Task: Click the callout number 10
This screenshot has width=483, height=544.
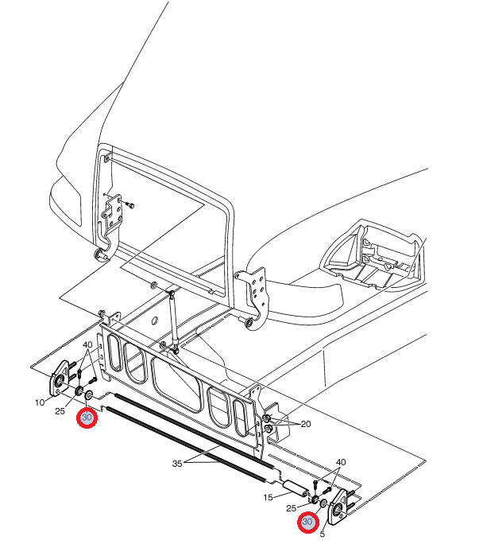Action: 40,402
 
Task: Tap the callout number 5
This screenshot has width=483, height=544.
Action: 323,534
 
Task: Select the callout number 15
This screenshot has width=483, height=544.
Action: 268,498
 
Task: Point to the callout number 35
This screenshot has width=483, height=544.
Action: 177,464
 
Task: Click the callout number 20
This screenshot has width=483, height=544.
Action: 306,424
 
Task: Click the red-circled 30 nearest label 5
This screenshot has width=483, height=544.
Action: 307,522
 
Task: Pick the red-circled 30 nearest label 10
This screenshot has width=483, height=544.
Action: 87,418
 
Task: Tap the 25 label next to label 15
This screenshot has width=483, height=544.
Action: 291,508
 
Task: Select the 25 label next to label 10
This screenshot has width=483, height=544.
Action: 60,411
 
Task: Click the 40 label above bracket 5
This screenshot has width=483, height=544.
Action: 341,462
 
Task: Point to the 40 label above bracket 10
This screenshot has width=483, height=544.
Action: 87,345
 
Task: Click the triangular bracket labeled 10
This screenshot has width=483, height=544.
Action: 60,378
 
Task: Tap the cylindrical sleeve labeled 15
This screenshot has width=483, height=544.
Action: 296,488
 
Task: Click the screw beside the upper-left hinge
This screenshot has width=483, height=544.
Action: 130,204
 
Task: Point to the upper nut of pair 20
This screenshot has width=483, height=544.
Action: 266,418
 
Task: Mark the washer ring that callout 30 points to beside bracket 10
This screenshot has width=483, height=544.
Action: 89,394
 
